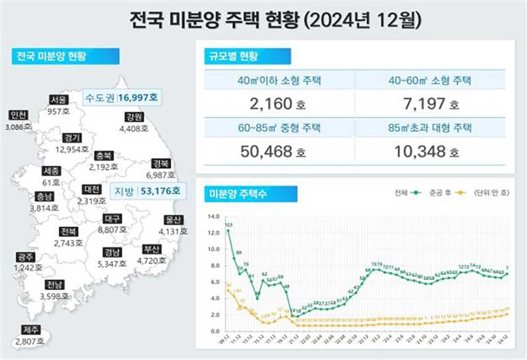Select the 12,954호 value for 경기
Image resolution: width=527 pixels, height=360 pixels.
(x=72, y=149)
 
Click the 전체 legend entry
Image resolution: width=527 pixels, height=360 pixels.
(x=406, y=193)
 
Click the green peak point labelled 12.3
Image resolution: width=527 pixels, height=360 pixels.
(x=228, y=231)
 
